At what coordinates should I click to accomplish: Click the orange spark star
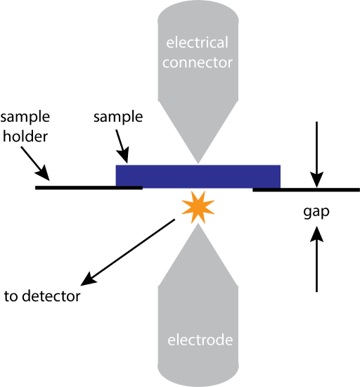click(x=196, y=208)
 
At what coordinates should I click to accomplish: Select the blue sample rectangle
click(x=198, y=176)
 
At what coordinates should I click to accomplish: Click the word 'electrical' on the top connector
click(x=198, y=43)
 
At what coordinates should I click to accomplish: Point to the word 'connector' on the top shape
click(x=198, y=63)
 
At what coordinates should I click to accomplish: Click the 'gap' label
click(x=316, y=211)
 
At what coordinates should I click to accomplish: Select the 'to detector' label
click(x=42, y=296)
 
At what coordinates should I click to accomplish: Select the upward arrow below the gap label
click(x=317, y=264)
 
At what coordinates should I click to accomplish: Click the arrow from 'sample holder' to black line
click(x=35, y=163)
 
